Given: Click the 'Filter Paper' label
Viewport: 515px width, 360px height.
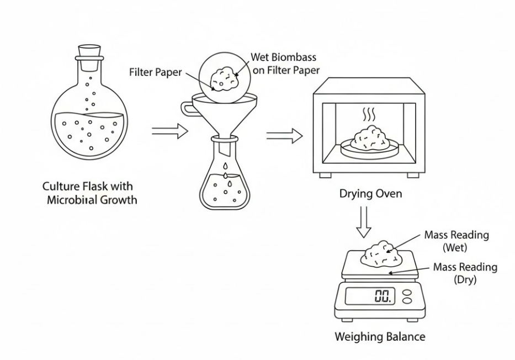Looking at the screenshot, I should pos(155,72).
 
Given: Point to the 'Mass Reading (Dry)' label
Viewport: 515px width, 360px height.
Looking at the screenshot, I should pos(465,273).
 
